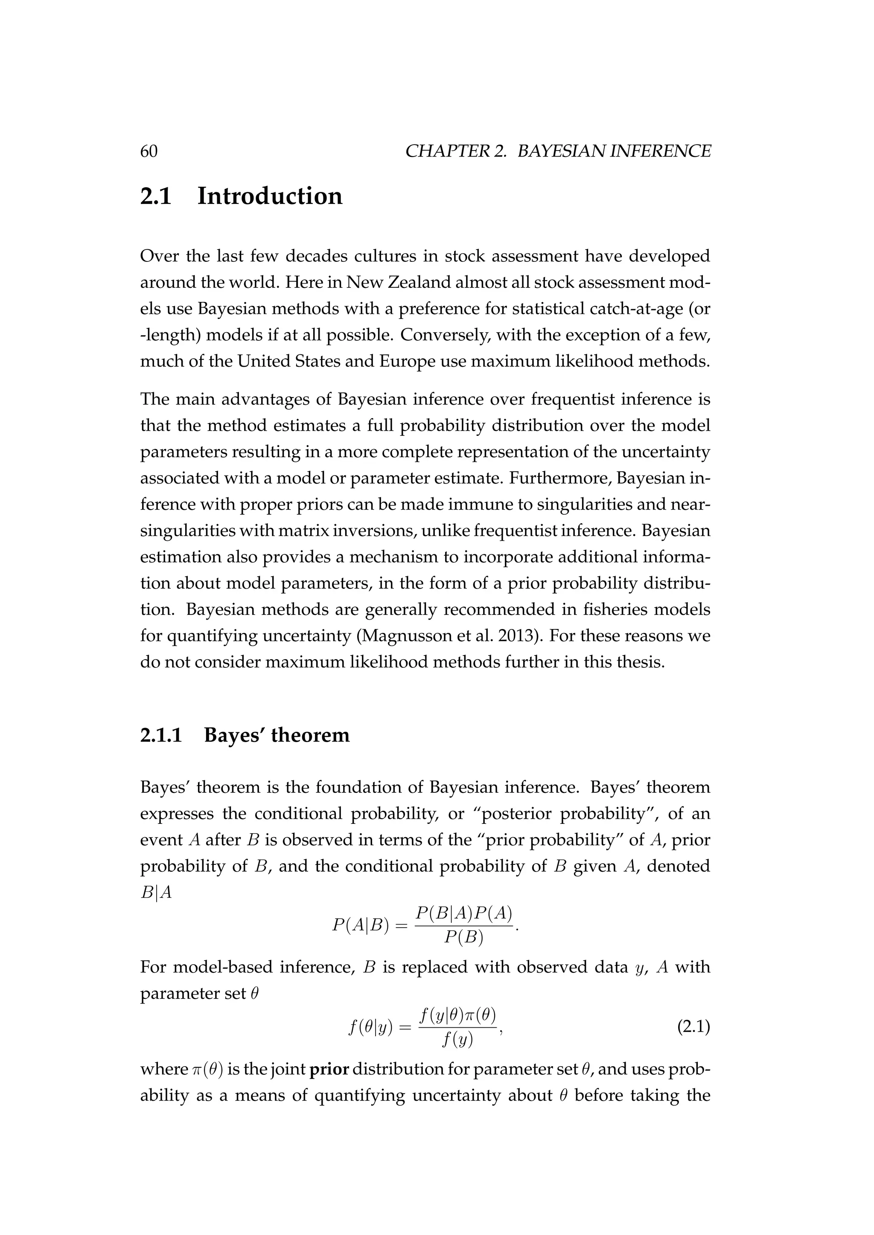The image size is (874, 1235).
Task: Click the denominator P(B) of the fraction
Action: (464, 937)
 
